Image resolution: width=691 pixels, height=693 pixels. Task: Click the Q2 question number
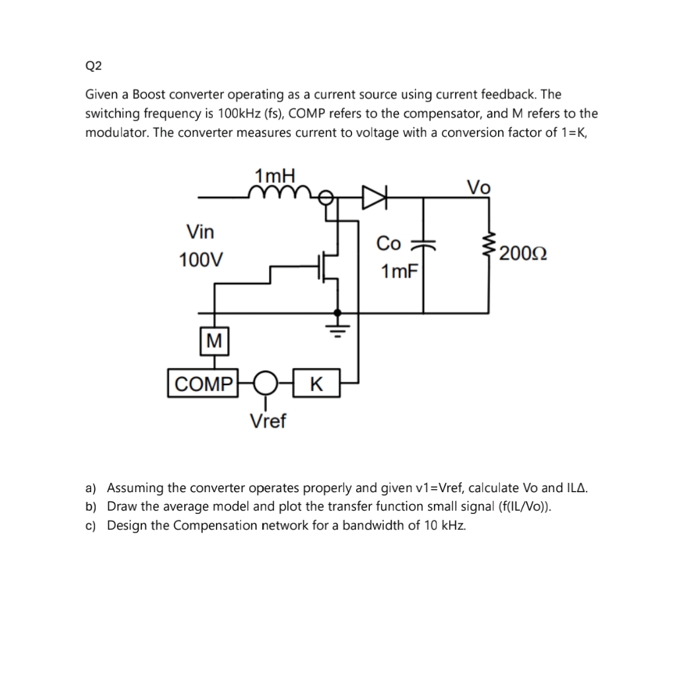(92, 65)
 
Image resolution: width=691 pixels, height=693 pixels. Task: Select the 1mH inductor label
(275, 176)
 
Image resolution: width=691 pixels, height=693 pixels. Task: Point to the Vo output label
(479, 187)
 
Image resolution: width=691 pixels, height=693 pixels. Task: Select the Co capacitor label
(388, 244)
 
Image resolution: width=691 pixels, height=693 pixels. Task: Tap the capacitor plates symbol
(423, 244)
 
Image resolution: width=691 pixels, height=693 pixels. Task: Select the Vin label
(200, 232)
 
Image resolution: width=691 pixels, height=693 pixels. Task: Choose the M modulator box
(213, 341)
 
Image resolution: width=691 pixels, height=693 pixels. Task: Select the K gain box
(316, 384)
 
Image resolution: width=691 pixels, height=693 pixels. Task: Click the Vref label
(268, 420)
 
